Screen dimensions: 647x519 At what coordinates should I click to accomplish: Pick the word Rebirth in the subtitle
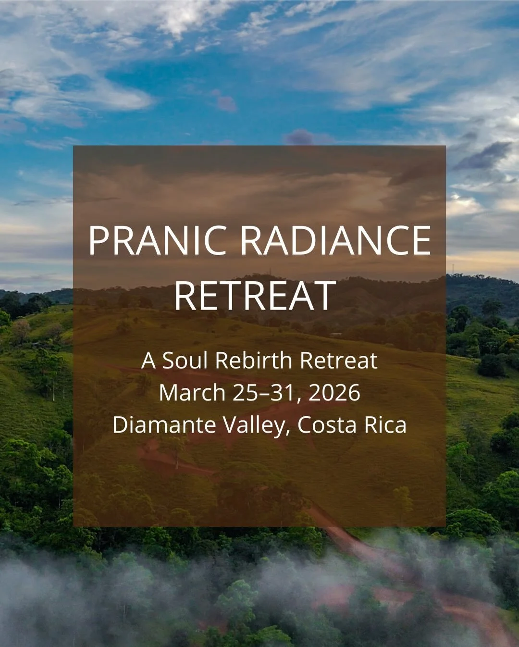click(x=254, y=361)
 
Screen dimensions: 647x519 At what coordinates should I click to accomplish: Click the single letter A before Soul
click(x=148, y=361)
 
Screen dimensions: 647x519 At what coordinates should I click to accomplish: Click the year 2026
click(x=334, y=393)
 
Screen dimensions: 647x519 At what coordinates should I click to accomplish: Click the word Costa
click(x=324, y=425)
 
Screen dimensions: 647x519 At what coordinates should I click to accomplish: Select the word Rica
click(x=384, y=425)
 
